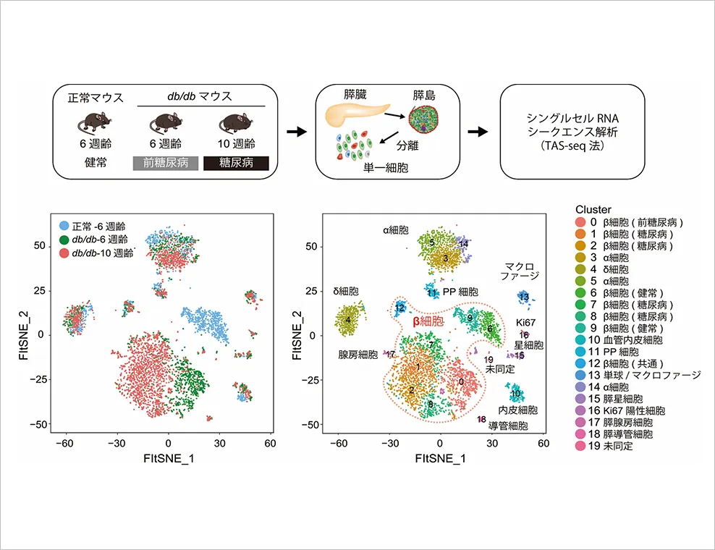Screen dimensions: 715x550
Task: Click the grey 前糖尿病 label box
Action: [x=166, y=163]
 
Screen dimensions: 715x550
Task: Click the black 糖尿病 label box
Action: [x=236, y=163]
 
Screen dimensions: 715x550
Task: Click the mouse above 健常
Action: [x=94, y=122]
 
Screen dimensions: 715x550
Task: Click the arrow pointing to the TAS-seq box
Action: [x=478, y=132]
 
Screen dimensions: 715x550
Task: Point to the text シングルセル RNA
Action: [x=572, y=119]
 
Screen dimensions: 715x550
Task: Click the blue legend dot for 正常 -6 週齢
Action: [x=64, y=226]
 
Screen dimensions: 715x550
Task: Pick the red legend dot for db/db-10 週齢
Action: [x=64, y=253]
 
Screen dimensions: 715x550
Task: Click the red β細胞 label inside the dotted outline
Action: [x=428, y=321]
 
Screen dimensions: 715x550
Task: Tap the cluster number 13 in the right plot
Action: [x=524, y=297]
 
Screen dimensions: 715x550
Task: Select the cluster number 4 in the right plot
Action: [x=348, y=320]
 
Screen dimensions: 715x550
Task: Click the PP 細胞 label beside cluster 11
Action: [x=460, y=292]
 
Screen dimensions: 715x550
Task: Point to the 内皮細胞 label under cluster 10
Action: [x=517, y=410]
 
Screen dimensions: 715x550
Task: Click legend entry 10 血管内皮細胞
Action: [x=619, y=339]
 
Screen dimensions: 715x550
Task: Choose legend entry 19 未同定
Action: [x=604, y=446]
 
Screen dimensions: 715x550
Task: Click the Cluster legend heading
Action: [x=593, y=209]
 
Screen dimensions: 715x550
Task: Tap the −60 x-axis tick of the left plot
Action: [x=64, y=444]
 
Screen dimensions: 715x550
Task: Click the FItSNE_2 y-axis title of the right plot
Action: [x=297, y=335]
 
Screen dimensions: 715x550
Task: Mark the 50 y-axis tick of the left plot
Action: [x=40, y=246]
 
